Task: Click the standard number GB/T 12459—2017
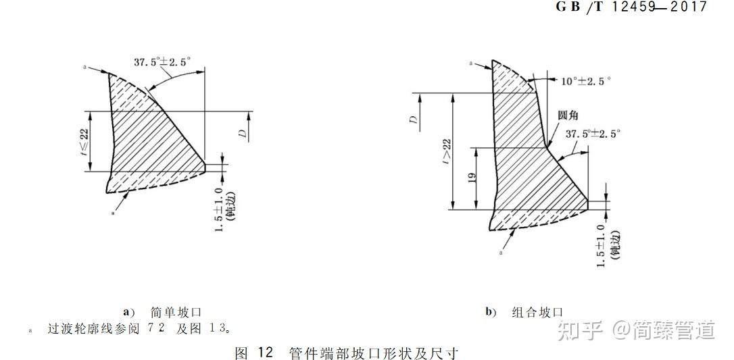[x=631, y=7]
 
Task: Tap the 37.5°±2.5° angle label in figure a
[x=162, y=61]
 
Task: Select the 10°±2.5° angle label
[x=585, y=81]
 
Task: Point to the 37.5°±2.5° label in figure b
[x=593, y=134]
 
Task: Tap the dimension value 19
[x=472, y=178]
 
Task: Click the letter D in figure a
[x=241, y=134]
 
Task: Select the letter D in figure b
[x=413, y=120]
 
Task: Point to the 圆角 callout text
[x=568, y=116]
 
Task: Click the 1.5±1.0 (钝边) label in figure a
[x=224, y=211]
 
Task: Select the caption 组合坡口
[x=537, y=312]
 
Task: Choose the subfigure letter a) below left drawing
[x=128, y=312]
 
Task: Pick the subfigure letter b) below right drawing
[x=491, y=312]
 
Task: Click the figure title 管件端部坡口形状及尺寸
[x=373, y=353]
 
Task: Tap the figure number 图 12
[x=253, y=353]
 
